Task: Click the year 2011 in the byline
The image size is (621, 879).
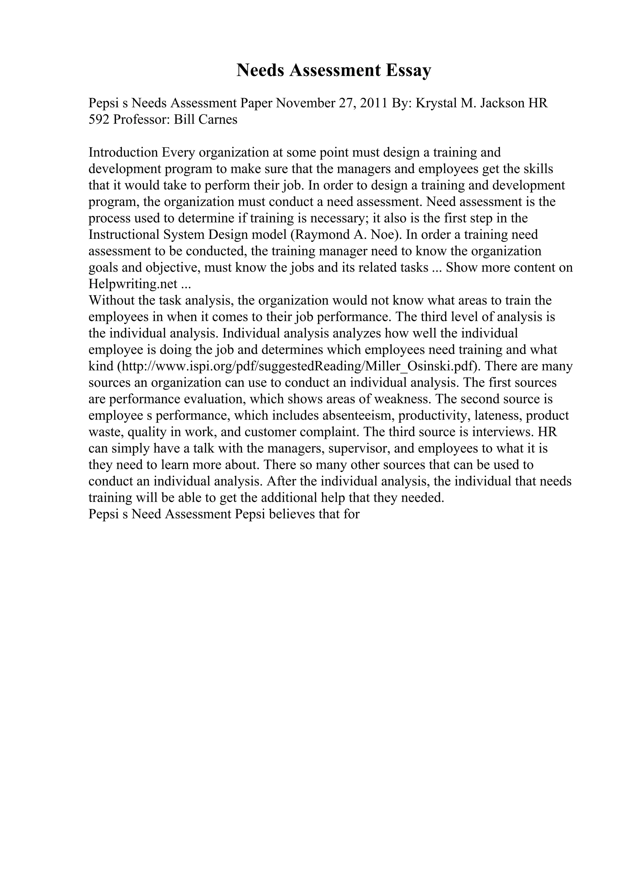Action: click(x=374, y=103)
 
